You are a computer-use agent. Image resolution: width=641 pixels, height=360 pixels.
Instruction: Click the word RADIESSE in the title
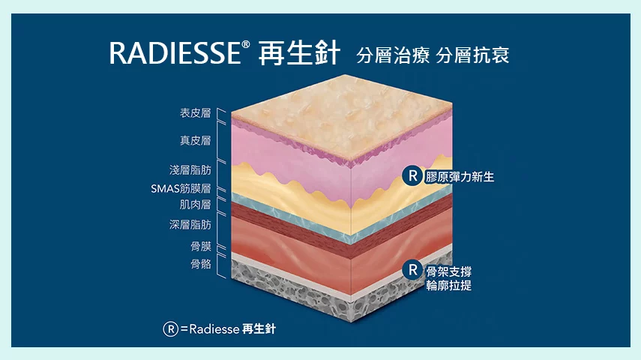point(175,52)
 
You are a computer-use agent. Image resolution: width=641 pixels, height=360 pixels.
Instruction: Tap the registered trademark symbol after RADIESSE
point(246,44)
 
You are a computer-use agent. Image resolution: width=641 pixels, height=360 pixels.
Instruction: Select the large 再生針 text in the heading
point(299,53)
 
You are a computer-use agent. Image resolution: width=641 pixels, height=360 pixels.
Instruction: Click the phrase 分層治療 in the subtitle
point(392,55)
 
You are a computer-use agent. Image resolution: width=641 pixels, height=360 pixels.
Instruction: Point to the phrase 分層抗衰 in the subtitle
point(472,55)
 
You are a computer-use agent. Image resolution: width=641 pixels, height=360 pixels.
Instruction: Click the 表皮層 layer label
point(196,113)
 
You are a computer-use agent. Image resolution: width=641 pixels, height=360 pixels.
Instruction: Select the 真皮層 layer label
point(196,141)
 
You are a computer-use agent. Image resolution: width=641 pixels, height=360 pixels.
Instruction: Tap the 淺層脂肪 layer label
point(190,169)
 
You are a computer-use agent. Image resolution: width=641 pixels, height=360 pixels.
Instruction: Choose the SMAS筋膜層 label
point(181,188)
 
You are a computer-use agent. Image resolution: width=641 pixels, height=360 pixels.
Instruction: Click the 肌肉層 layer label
point(196,204)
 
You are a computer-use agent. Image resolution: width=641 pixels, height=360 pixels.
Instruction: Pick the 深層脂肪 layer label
point(190,224)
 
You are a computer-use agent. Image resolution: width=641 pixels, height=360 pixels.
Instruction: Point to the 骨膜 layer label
point(201,246)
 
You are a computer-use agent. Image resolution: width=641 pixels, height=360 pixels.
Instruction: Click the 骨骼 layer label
point(201,264)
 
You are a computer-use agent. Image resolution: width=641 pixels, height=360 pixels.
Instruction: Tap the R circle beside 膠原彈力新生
point(412,176)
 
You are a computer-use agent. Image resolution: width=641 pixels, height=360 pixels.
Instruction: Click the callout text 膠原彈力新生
point(460,177)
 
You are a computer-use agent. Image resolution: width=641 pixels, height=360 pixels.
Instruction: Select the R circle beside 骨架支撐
point(412,270)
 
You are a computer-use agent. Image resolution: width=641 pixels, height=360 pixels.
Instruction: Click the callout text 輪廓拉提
point(449,286)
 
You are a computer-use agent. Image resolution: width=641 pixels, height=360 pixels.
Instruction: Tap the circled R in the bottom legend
point(170,329)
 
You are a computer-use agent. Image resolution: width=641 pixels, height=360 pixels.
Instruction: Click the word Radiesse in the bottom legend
point(214,329)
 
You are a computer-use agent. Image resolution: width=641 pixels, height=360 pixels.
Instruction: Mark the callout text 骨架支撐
point(449,271)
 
